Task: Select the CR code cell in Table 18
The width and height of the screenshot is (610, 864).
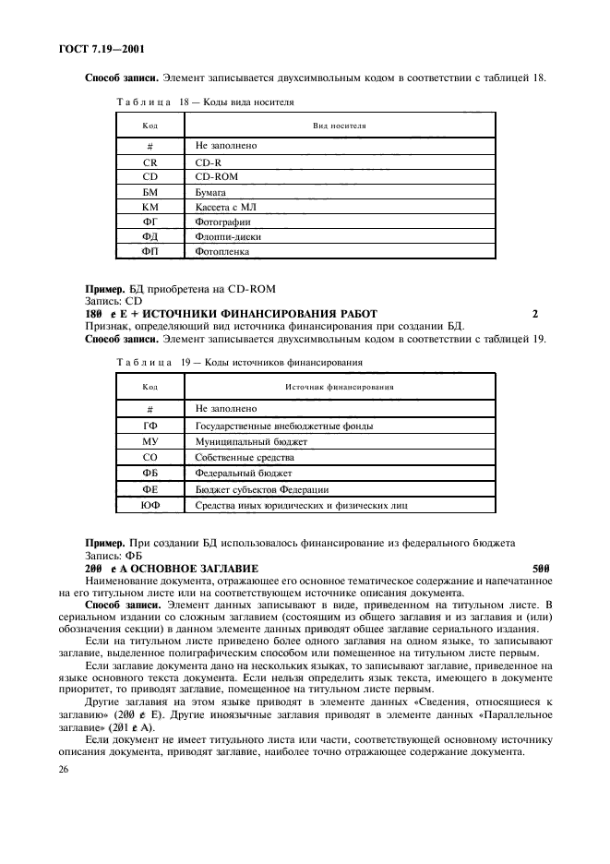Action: tap(150, 162)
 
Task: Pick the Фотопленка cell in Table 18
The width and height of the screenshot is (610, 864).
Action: tap(222, 251)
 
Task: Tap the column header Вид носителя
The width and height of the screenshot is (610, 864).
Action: tap(339, 124)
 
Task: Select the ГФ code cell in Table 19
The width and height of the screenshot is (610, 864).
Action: tap(150, 426)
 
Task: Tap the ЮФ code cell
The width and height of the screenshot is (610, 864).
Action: tap(150, 506)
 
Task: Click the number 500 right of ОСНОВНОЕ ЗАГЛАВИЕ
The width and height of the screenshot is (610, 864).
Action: tap(542, 569)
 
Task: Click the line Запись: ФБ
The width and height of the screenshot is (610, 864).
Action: tap(107, 557)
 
